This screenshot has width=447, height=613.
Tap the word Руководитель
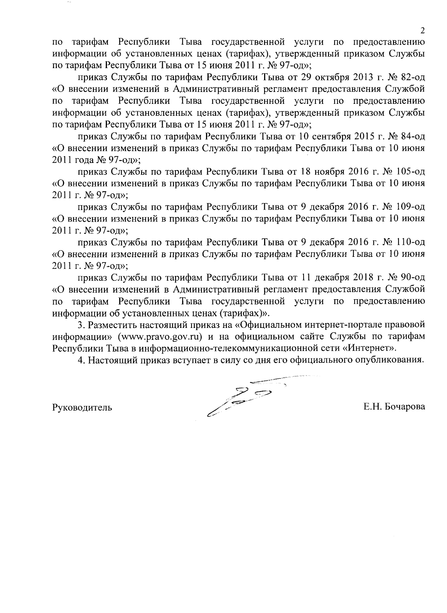82,407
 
